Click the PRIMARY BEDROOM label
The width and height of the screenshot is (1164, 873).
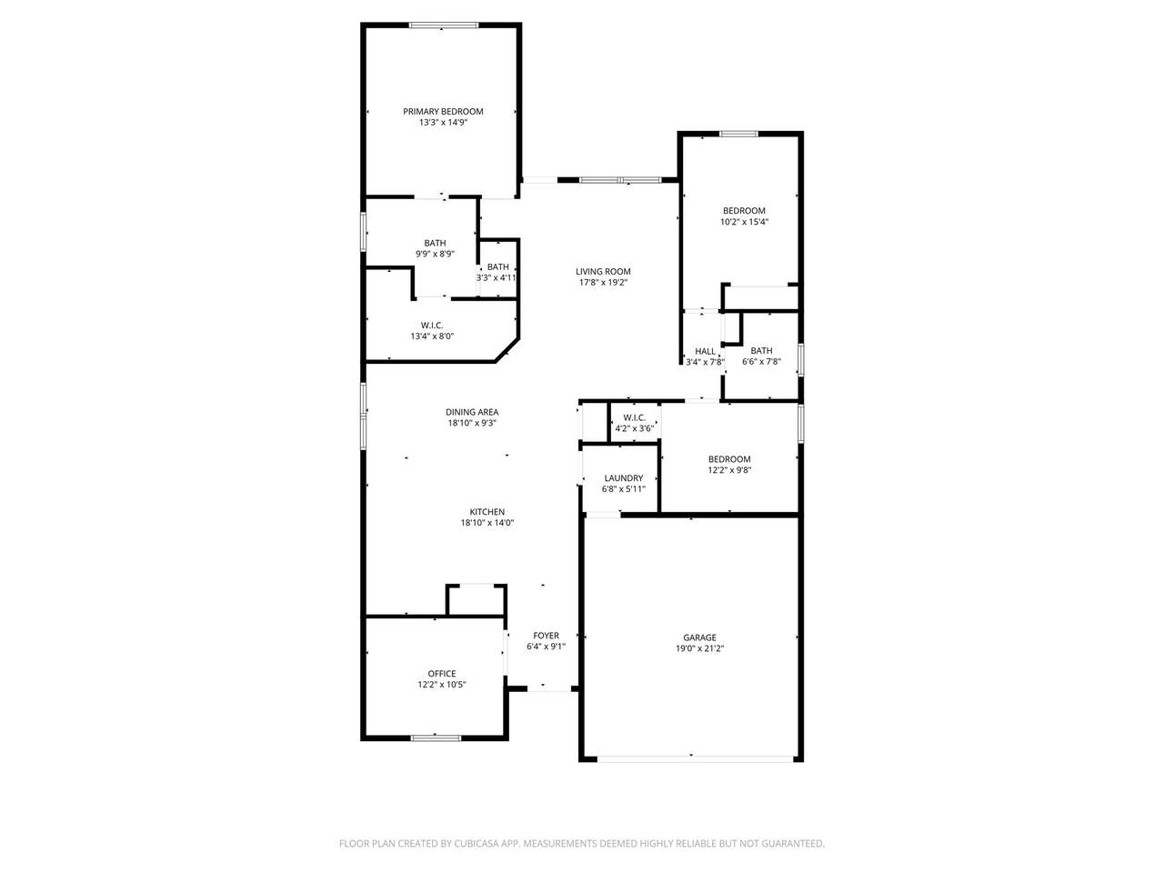coord(443,111)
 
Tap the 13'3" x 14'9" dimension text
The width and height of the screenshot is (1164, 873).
coord(443,123)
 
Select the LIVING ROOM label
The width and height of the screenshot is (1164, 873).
coord(603,271)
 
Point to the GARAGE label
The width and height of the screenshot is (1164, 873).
coord(699,637)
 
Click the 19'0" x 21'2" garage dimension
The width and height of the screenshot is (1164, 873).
coord(699,648)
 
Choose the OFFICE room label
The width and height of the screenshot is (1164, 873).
coord(442,673)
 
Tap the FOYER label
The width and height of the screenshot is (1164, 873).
coord(546,635)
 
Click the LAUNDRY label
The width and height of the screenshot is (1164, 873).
coord(624,478)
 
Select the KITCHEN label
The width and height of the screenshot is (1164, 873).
coord(487,511)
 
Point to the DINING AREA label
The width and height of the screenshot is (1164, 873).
coord(472,412)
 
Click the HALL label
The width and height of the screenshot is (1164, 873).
coord(705,351)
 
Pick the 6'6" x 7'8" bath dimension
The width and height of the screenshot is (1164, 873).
coord(761,362)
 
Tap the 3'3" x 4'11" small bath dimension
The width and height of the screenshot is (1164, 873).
coord(497,277)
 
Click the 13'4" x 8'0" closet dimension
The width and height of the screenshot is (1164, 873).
coord(432,336)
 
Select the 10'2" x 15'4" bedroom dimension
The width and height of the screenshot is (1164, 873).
coord(744,222)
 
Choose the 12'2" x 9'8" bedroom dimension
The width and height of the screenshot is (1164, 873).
coord(729,469)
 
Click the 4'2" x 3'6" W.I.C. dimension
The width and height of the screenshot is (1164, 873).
coord(634,428)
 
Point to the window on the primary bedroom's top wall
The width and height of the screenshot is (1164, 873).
coord(444,25)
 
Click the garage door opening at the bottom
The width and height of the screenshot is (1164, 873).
coord(696,759)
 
